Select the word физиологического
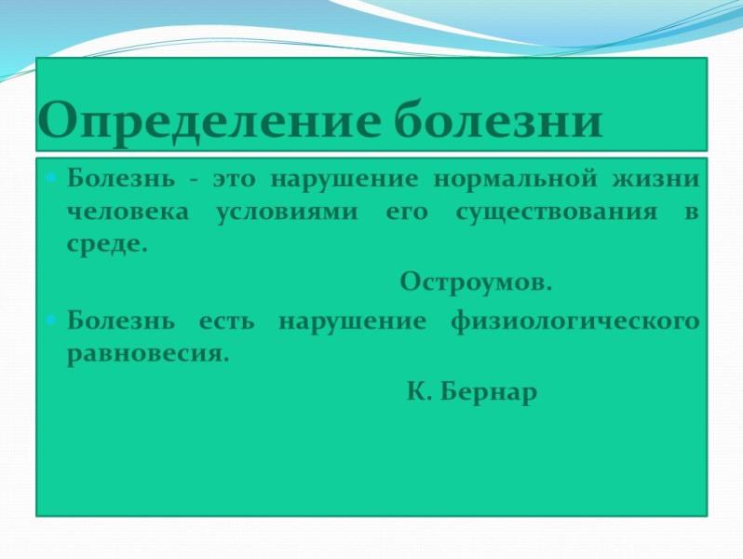pos(574,321)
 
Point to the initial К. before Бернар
pos(415,392)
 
